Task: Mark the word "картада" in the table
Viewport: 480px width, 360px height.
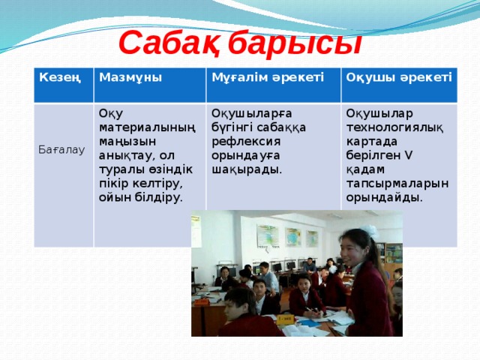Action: [373, 142]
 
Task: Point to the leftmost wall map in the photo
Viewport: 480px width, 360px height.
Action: [267, 235]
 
